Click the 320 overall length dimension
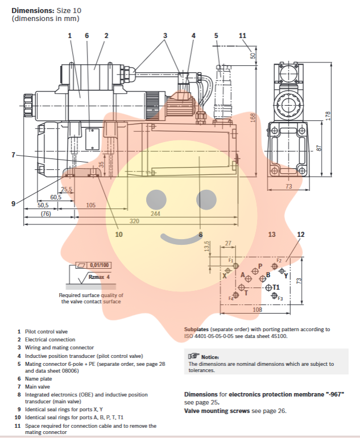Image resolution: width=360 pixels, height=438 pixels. pyautogui.click(x=135, y=220)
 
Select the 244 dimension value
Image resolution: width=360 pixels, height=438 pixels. pyautogui.click(x=155, y=214)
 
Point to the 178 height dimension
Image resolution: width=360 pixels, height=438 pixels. pyautogui.click(x=327, y=115)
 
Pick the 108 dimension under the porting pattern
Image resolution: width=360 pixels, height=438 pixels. pyautogui.click(x=257, y=310)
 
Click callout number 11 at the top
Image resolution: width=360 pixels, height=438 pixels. pyautogui.click(x=243, y=35)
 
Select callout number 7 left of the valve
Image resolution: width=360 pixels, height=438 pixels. pyautogui.click(x=13, y=154)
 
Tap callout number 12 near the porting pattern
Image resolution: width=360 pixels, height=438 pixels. pyautogui.click(x=301, y=234)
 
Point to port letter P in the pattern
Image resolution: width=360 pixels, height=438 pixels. pyautogui.click(x=260, y=266)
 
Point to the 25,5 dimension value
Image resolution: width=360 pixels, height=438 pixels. pyautogui.click(x=67, y=190)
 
